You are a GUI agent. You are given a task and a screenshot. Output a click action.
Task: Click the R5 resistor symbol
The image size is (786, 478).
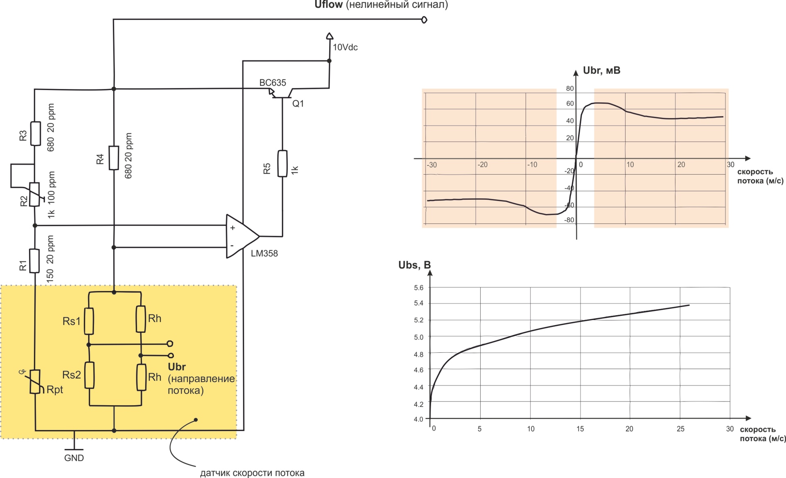(x=282, y=164)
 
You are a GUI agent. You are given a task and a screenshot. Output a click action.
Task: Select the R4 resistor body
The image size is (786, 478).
(x=114, y=158)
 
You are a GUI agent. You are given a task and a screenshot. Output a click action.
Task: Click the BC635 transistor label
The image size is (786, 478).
(x=273, y=83)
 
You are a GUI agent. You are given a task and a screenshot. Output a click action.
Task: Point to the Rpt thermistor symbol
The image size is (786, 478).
(x=35, y=381)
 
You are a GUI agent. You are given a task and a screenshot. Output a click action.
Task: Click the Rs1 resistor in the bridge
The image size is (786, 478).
(x=89, y=321)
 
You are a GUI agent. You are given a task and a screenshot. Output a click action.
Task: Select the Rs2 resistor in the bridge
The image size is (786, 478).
(x=89, y=375)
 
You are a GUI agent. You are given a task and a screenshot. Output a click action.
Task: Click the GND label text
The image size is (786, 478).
(x=74, y=458)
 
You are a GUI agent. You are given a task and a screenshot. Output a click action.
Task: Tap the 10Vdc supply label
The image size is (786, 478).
(x=345, y=47)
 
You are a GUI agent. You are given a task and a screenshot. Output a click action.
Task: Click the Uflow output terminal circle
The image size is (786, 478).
(x=424, y=20)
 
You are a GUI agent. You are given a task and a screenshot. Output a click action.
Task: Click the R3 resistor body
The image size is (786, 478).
(x=36, y=133)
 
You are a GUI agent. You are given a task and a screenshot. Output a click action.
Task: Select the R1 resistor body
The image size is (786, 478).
(x=35, y=261)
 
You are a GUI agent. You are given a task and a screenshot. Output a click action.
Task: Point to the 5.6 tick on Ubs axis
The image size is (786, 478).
(x=418, y=288)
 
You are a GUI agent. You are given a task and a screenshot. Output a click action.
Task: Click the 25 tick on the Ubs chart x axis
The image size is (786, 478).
(x=680, y=428)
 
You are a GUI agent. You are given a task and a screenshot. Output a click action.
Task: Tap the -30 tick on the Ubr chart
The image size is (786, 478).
(x=431, y=165)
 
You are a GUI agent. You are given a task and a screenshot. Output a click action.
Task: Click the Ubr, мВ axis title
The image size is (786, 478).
(x=601, y=70)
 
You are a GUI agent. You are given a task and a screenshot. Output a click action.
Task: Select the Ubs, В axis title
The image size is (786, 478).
(x=414, y=265)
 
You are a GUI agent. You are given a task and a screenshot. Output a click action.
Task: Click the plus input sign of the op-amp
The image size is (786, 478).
(x=233, y=228)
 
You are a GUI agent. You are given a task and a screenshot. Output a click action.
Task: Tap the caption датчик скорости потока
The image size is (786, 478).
(x=252, y=473)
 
